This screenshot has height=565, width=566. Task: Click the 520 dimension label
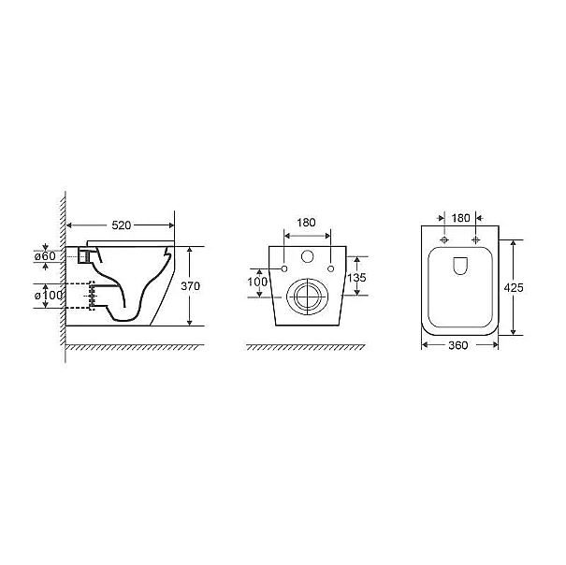[x=122, y=225]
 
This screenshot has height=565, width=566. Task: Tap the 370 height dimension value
[x=190, y=286]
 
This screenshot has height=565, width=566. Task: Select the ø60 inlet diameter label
[x=45, y=256]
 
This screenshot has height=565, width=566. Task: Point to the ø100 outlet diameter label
[x=49, y=296]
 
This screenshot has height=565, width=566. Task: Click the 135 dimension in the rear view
[x=356, y=277]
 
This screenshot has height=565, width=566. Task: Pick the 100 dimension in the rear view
[x=257, y=282]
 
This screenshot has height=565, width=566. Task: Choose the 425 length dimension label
[x=514, y=288]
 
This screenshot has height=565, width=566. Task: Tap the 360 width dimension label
[x=458, y=345]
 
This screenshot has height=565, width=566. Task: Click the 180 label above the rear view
[x=306, y=223]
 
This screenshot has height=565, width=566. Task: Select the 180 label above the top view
[x=461, y=218]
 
